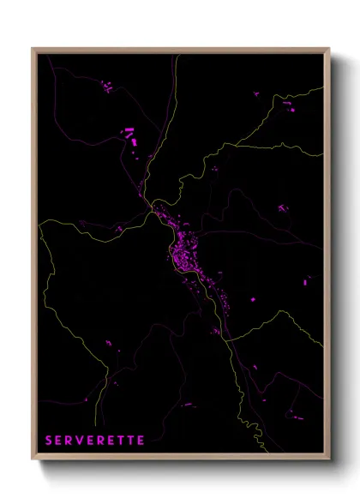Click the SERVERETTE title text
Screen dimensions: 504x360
(95, 441)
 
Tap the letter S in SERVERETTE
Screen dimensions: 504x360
(50, 441)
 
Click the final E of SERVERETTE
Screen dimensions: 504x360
(141, 441)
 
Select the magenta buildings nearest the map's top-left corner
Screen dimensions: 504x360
(107, 86)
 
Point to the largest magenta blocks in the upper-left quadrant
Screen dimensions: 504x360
(129, 134)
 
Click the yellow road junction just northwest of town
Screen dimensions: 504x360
(152, 206)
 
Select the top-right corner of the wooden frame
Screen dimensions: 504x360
(329, 49)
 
